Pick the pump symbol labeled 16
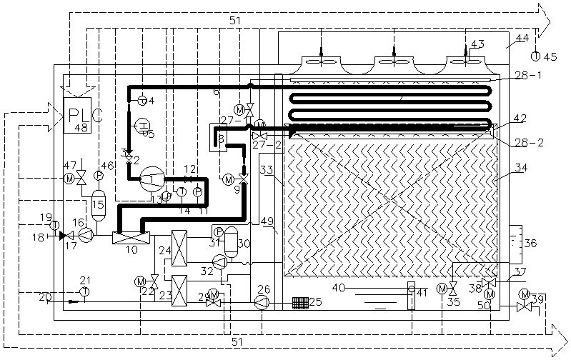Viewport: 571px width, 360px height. tap(86, 234)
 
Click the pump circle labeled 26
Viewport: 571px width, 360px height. tap(262, 303)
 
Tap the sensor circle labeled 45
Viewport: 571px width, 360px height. tap(537, 55)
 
